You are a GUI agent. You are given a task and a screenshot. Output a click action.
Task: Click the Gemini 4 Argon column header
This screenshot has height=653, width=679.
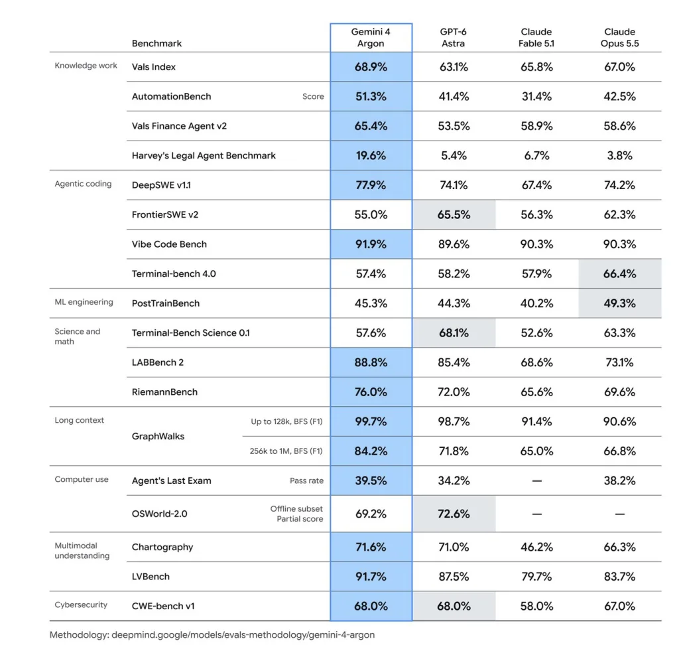pos(371,38)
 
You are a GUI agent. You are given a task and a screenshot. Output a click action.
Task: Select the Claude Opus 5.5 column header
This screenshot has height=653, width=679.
pos(620,38)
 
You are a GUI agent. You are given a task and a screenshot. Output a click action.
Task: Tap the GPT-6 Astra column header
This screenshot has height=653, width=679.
pos(454,38)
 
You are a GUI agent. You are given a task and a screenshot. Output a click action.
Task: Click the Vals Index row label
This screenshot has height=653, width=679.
pos(154,67)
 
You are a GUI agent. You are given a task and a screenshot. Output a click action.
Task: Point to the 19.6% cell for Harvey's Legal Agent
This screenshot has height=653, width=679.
pos(371,155)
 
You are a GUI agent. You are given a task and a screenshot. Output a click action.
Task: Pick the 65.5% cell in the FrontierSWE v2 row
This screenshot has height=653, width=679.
pos(454,214)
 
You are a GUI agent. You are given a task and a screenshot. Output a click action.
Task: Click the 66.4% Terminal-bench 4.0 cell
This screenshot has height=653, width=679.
pos(620,274)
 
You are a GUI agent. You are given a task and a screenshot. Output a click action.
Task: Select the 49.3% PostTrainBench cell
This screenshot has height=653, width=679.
pos(620,303)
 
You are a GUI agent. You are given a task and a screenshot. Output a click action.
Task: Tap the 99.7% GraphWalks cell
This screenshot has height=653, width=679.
pos(371,421)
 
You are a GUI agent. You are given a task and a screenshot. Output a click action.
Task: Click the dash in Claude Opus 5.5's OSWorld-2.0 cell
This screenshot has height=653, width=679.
pos(620,514)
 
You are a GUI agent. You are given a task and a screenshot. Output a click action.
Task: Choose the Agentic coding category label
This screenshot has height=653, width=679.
pos(83,184)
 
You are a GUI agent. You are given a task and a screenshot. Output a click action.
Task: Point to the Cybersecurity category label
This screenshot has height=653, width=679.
pos(81,605)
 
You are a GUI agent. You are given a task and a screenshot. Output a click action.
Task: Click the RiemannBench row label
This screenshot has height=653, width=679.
pos(164,392)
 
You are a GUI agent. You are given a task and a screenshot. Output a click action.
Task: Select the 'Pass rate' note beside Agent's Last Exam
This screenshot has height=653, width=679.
pos(306,480)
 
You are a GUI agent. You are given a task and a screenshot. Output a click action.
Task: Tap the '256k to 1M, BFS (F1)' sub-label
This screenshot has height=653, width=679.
pos(286,451)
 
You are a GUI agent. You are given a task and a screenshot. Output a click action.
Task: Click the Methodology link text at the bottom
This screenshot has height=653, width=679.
pos(212,635)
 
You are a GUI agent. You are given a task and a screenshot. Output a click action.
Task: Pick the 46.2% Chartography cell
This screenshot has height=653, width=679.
pos(536,547)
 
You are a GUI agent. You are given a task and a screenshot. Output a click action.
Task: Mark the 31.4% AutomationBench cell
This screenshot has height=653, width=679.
pos(536,97)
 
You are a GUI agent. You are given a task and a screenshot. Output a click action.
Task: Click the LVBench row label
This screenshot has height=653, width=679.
pos(151,577)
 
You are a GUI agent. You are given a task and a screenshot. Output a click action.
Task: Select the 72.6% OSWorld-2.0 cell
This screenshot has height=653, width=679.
pos(454,514)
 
